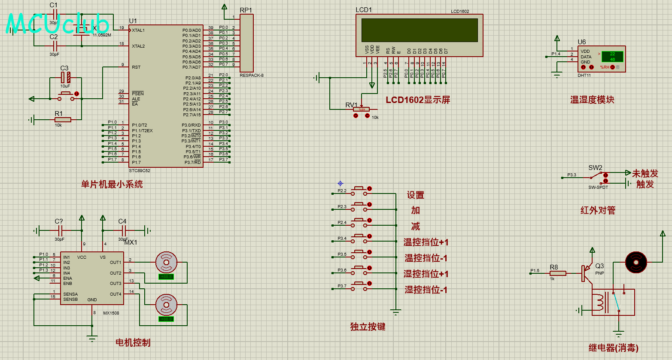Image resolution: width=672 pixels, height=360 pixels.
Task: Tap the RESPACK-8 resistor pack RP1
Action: pos(246,43)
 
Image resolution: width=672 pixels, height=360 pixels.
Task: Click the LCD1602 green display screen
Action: pos(420,30)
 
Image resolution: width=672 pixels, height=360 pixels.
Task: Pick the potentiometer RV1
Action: pos(362,109)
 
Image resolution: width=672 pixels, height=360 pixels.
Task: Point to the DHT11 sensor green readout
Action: pos(612,57)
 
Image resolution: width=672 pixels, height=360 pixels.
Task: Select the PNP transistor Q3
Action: pos(587,273)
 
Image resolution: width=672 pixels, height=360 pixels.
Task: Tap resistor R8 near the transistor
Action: pos(558,273)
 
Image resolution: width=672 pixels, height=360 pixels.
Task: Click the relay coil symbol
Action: pos(599,302)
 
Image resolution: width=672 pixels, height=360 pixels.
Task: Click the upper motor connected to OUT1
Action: pos(166,261)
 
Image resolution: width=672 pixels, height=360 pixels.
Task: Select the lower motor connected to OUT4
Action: pos(166,305)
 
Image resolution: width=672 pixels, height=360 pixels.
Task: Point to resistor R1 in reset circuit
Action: pos(63,120)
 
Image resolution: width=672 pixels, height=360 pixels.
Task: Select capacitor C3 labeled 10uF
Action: pos(65,78)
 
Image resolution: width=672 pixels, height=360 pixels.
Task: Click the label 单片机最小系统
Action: pos(112,185)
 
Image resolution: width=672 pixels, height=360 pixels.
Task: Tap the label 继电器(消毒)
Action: pos(613,348)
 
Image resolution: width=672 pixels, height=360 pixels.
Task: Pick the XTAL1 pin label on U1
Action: pos(138,30)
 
